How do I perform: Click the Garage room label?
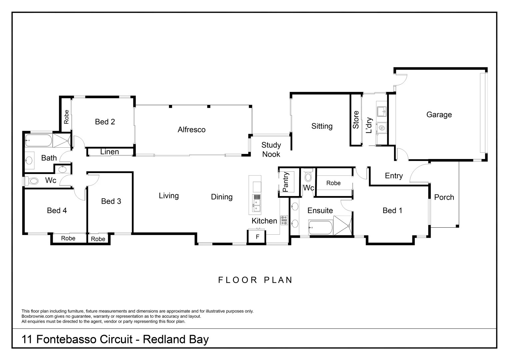[439, 115]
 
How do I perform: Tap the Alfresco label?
[191, 130]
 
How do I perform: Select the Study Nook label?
[271, 150]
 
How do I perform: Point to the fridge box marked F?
[257, 237]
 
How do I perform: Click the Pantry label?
[285, 182]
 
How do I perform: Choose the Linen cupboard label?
[110, 152]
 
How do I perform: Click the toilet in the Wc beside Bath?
[32, 181]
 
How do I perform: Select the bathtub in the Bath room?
[38, 140]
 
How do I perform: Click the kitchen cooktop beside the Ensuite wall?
[284, 220]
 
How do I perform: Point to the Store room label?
[356, 120]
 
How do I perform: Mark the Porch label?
[444, 197]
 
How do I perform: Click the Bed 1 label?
[392, 210]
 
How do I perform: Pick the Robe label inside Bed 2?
[66, 117]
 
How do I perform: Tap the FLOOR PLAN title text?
[255, 280]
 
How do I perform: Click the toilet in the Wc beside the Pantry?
[308, 177]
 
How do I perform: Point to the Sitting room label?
[322, 126]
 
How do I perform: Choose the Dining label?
[222, 197]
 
